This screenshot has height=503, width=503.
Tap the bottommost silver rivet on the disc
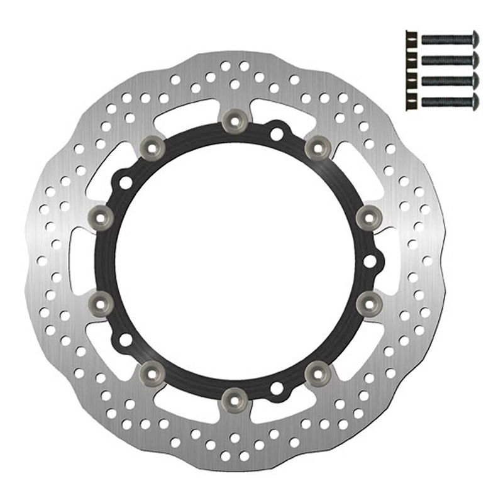(x=234, y=397)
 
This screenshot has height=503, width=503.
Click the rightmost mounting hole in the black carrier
(x=370, y=259)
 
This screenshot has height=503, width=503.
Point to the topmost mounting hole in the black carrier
(x=276, y=134)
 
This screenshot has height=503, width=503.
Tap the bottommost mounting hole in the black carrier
(x=275, y=388)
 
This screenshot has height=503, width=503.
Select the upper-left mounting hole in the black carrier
(x=126, y=182)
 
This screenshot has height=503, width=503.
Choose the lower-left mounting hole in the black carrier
(x=126, y=340)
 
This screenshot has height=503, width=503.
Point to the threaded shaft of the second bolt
(x=443, y=59)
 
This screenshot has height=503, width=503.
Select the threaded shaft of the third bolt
(x=443, y=80)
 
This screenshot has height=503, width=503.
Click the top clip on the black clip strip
(x=411, y=38)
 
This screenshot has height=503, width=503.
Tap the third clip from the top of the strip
(x=411, y=79)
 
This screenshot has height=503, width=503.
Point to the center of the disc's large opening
(x=234, y=259)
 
